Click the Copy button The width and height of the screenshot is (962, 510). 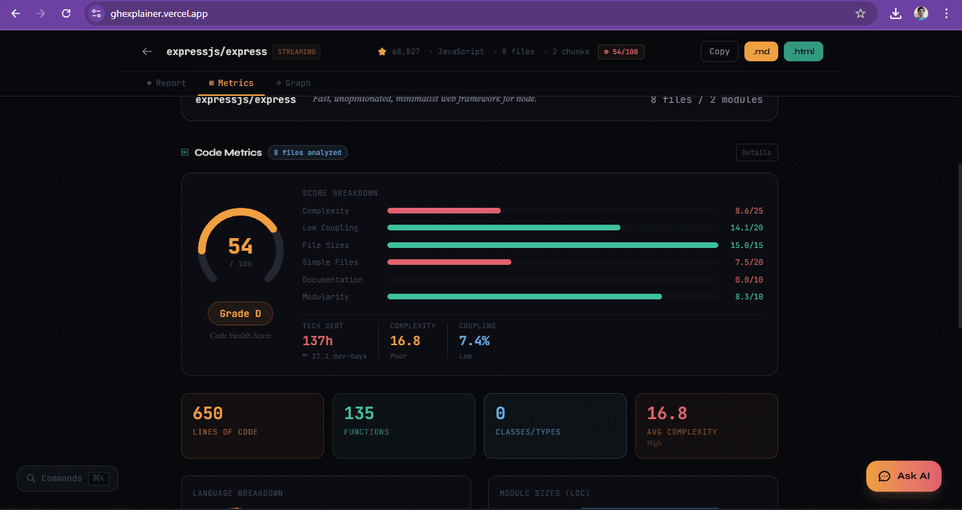pos(719,51)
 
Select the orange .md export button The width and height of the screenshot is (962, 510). pos(761,51)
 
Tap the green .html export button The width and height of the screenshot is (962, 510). pos(803,51)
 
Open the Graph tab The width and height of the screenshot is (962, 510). pos(294,83)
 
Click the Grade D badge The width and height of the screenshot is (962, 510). pos(240,313)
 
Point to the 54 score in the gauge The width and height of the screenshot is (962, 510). pos(240,246)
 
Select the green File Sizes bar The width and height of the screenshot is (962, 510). pos(552,245)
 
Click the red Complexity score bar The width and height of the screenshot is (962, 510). pos(444,211)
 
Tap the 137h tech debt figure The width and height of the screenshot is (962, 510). pos(318,341)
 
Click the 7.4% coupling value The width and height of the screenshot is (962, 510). pos(474,341)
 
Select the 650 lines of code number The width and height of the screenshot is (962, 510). pos(208,413)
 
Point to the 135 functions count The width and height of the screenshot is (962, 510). pos(359,413)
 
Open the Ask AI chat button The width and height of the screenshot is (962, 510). pos(904,476)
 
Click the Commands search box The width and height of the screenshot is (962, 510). pos(68,478)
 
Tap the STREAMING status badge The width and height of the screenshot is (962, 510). pos(296,51)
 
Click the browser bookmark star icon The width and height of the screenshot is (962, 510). pos(860,13)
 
